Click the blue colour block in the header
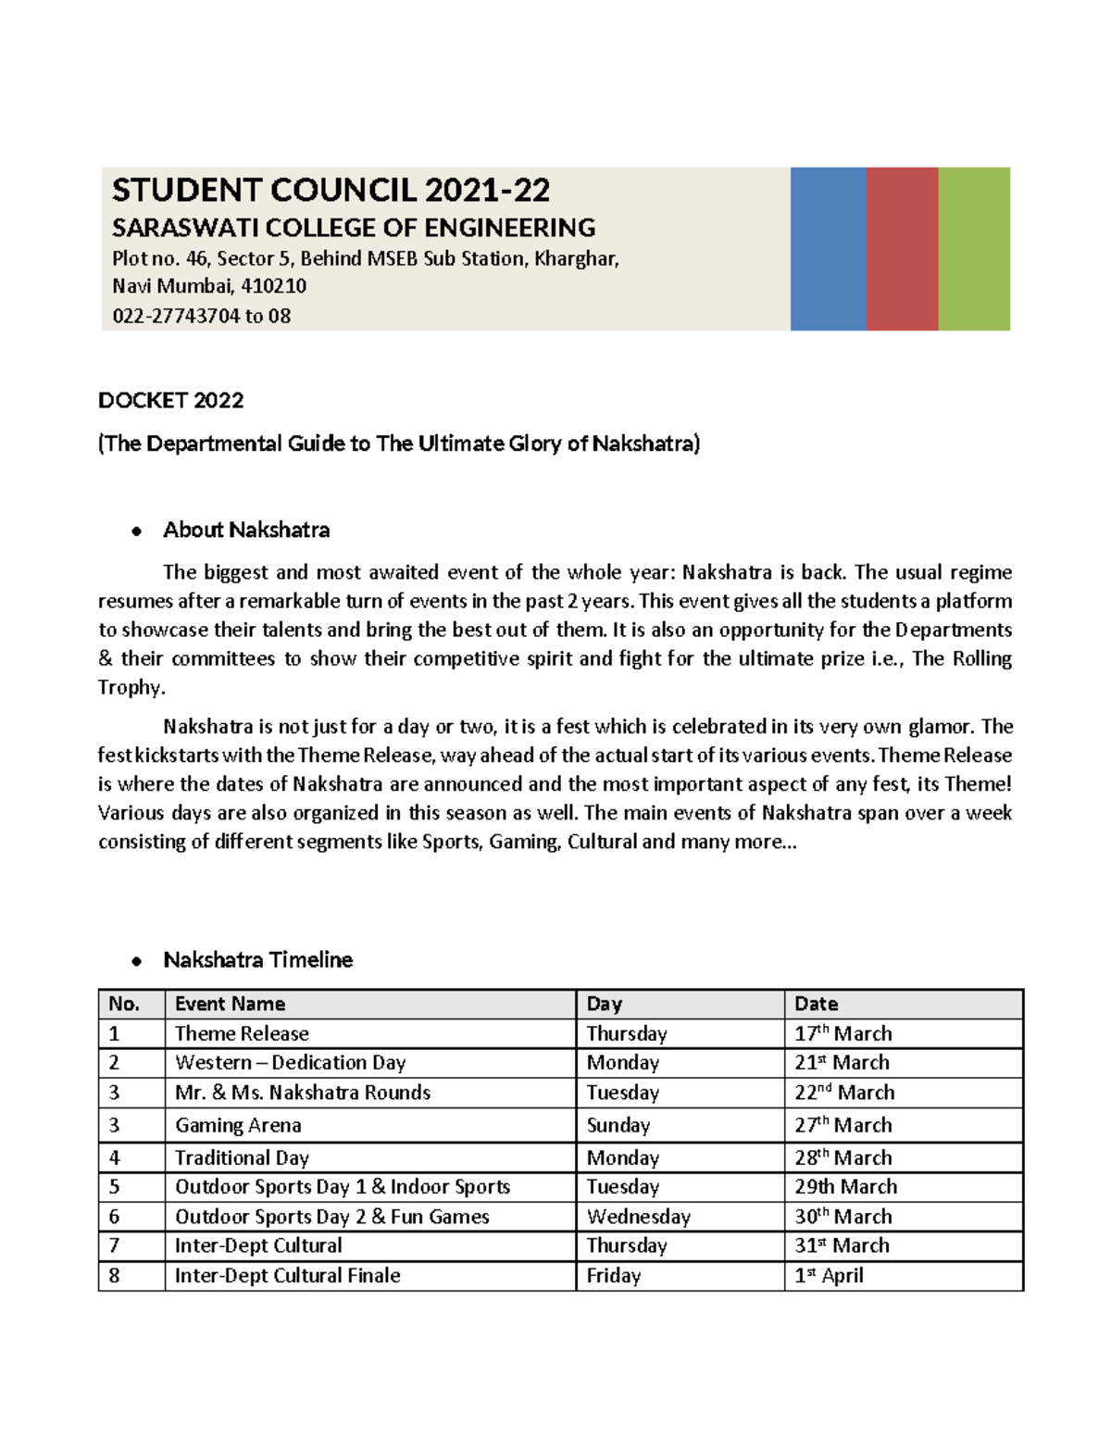[x=828, y=248]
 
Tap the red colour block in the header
[x=902, y=248]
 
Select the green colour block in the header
[x=974, y=248]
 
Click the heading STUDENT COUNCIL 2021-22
[x=331, y=191]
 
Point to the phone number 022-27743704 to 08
[x=201, y=316]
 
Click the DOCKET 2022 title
[x=171, y=400]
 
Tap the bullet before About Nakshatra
[x=136, y=531]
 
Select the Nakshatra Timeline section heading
[x=257, y=959]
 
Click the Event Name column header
[x=230, y=1004]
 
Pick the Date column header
[x=816, y=1004]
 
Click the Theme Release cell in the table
[x=242, y=1033]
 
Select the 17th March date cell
[x=843, y=1033]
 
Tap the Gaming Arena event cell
[x=238, y=1125]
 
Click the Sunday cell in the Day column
[x=618, y=1125]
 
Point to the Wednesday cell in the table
[x=638, y=1217]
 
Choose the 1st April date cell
[x=829, y=1276]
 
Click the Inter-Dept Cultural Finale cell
[x=287, y=1276]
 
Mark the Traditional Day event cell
[x=242, y=1157]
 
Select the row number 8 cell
[x=114, y=1276]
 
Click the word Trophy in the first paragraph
[x=131, y=687]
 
